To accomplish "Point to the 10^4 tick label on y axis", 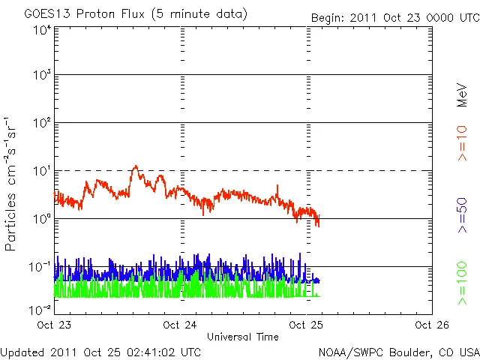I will tap(42, 31).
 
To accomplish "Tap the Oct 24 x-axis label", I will tap(180, 325).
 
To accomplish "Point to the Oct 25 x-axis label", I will tap(306, 325).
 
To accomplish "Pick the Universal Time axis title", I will tap(243, 336).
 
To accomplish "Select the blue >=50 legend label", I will tap(463, 218).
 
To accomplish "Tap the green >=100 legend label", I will tap(463, 283).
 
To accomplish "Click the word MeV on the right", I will tap(463, 95).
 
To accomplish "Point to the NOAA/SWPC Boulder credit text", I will tap(398, 352).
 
